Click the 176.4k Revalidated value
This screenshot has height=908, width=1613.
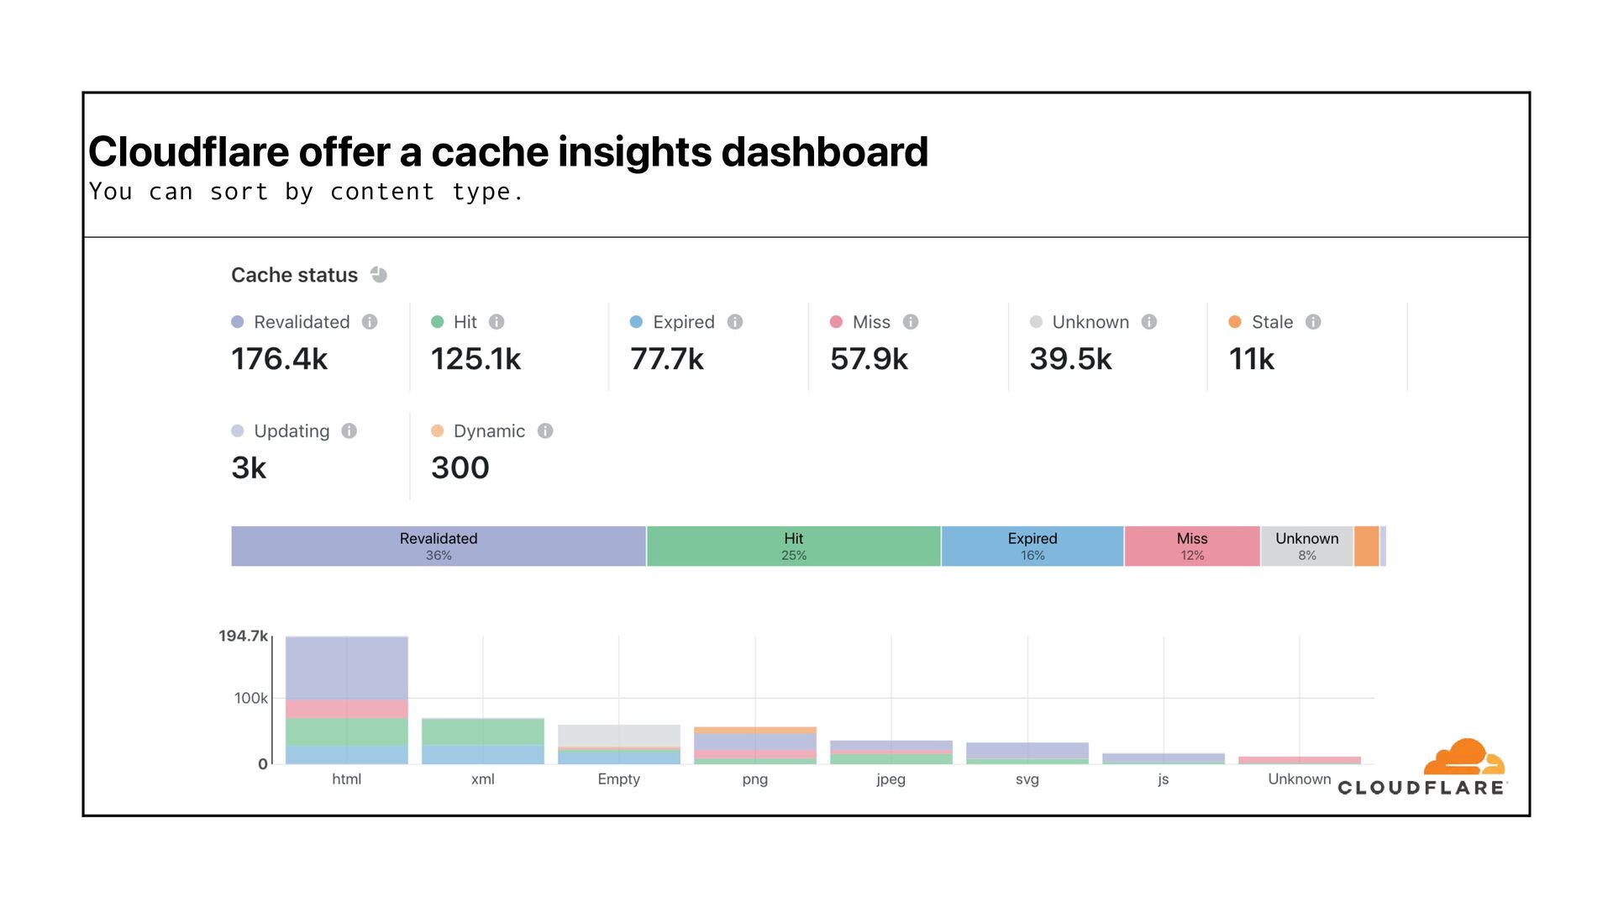[279, 359]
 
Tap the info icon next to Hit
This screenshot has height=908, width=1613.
[497, 322]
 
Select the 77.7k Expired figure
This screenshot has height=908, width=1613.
[667, 359]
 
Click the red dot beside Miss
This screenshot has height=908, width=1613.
[836, 322]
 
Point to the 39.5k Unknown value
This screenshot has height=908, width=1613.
[1070, 359]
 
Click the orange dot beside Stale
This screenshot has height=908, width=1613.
[1235, 322]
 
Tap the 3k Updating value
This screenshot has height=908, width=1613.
[249, 467]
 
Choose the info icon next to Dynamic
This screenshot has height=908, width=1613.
[545, 431]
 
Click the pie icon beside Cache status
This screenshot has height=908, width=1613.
[379, 275]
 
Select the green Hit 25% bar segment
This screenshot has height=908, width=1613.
[793, 546]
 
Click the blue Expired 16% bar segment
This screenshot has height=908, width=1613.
[1032, 546]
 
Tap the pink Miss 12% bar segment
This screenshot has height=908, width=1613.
[1192, 546]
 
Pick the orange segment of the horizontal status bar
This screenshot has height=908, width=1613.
[1366, 546]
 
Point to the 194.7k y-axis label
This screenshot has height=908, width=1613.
[243, 636]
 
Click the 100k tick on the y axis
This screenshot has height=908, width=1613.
[250, 699]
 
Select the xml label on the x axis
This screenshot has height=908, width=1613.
[483, 779]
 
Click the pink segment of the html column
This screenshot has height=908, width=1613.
[346, 708]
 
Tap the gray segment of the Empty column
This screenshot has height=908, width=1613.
[618, 735]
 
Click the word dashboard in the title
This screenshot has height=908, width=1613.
[824, 152]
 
